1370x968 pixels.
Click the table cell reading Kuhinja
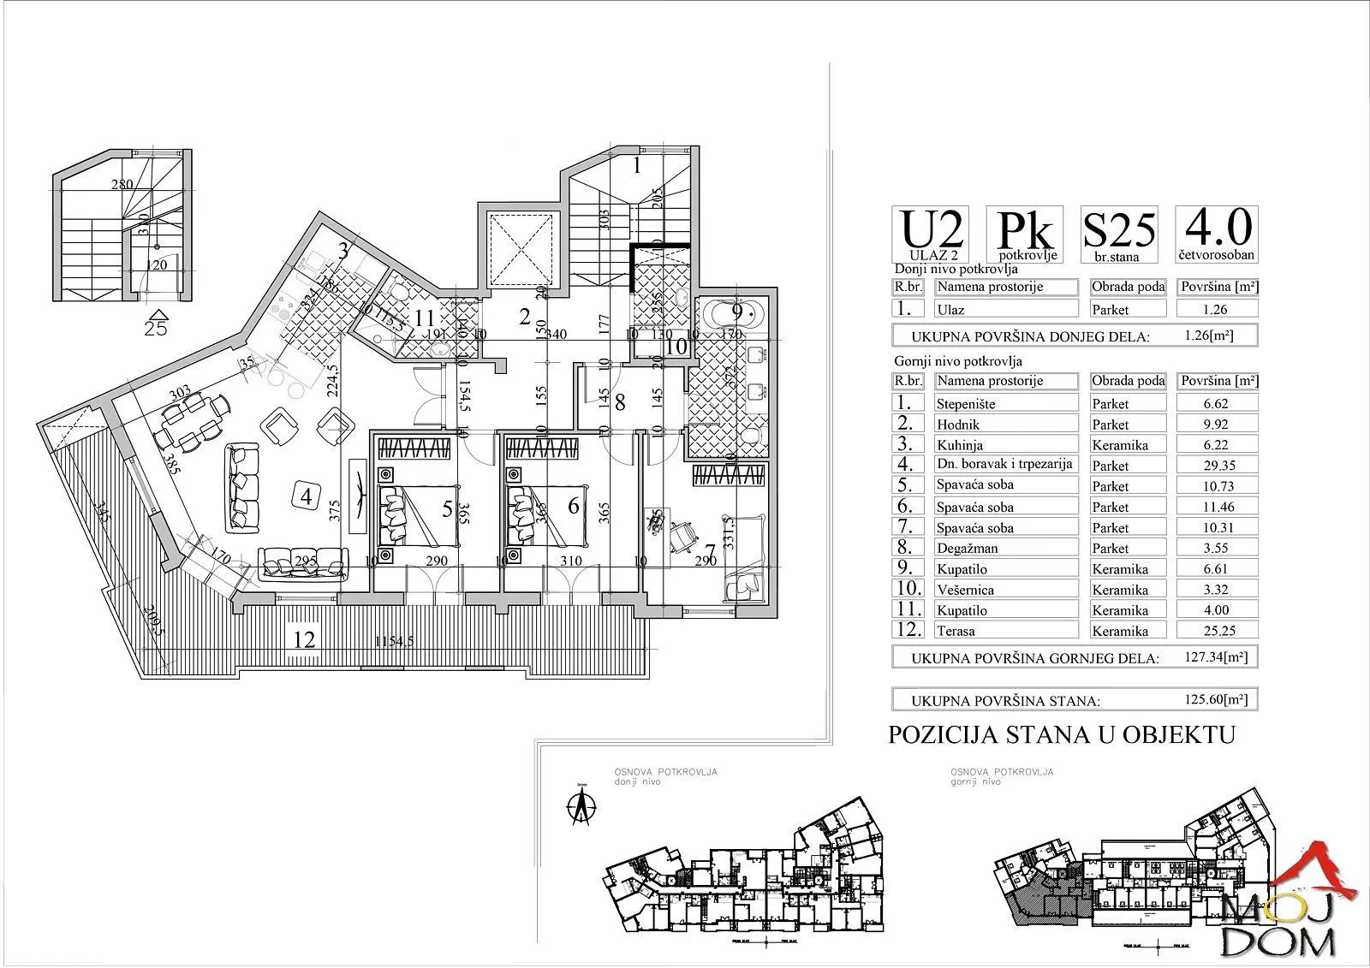coord(1005,445)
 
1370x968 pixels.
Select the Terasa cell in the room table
coord(1005,631)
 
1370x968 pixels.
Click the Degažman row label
coord(1005,549)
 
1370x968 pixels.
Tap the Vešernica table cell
coord(1005,590)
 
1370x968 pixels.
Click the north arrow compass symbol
coord(582,804)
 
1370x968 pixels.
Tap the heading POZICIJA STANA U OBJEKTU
coord(1063,735)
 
